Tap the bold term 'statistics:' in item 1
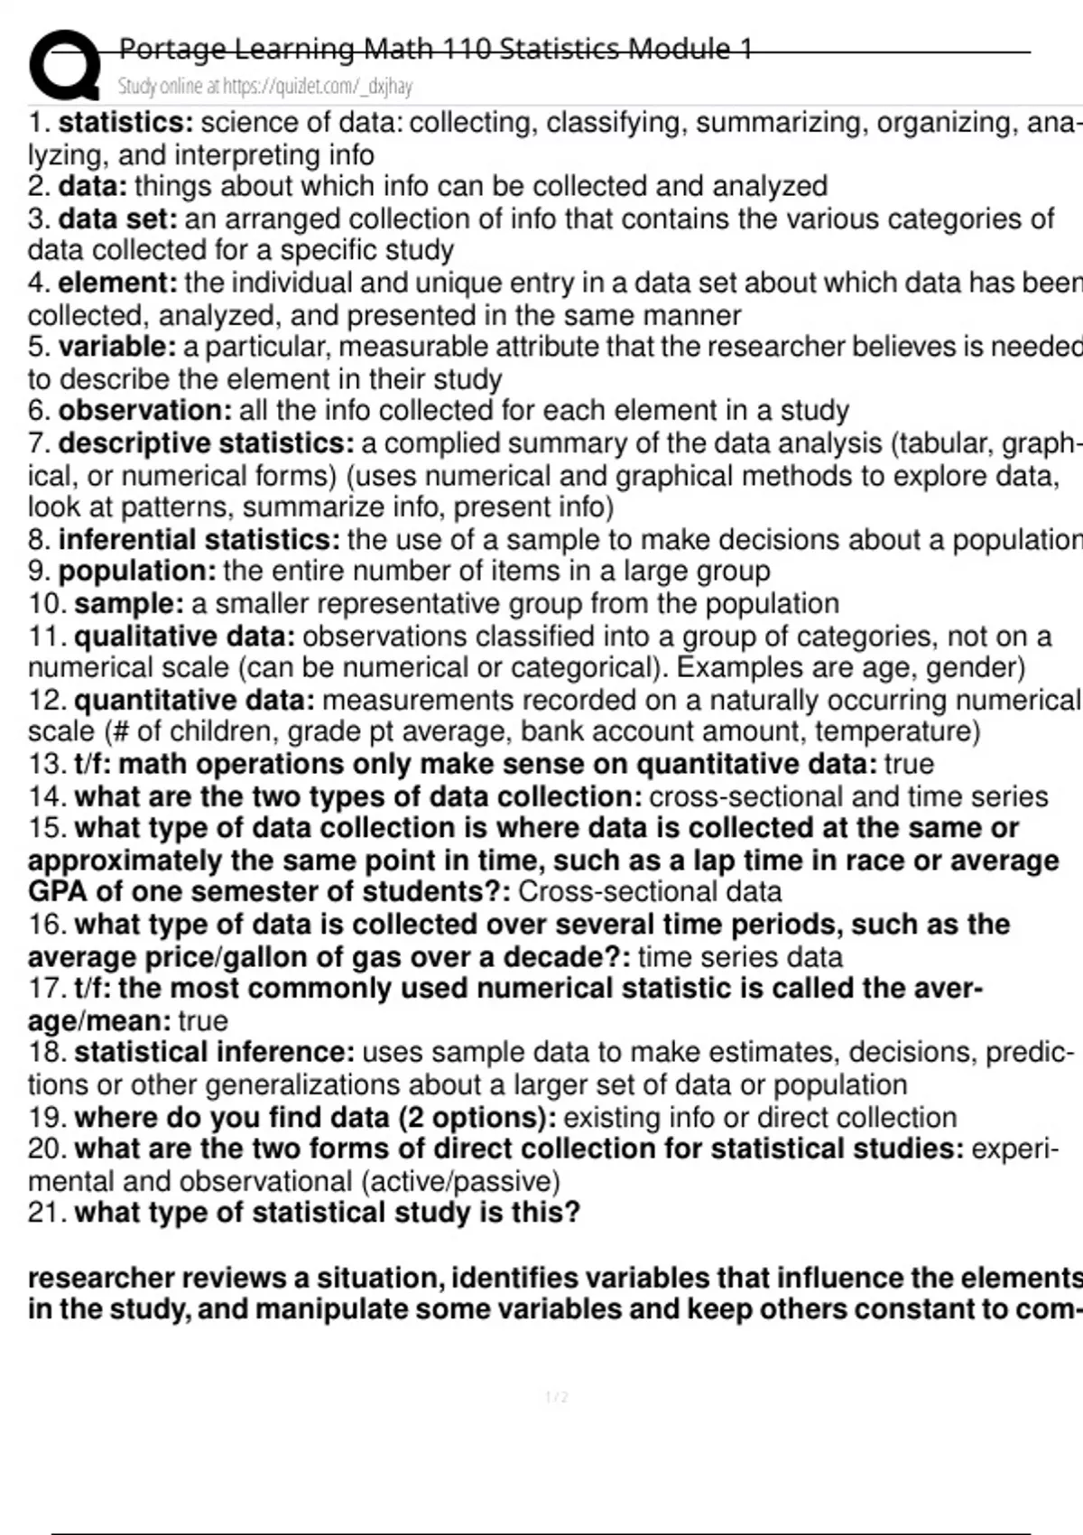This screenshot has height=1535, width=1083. (125, 122)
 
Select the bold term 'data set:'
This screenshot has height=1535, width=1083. (117, 219)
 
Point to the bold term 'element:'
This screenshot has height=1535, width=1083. (118, 283)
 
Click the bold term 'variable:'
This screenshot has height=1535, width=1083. (117, 347)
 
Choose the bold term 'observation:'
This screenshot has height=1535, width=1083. (145, 411)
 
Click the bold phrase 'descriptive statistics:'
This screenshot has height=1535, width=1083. (207, 443)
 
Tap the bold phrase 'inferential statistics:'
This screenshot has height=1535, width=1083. (199, 540)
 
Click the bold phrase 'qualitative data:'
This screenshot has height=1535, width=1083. (185, 637)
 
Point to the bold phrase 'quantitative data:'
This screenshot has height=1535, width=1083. (195, 701)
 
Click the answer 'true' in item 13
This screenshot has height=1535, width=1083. (909, 765)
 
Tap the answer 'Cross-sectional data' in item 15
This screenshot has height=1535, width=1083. (650, 892)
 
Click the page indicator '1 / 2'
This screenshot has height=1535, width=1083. (557, 1398)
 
